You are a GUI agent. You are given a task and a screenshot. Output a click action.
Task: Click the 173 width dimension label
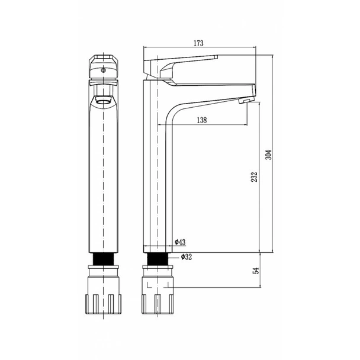click(198, 43)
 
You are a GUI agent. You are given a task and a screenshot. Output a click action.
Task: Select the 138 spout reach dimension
click(202, 120)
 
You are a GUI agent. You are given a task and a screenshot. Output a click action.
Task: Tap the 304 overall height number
click(268, 155)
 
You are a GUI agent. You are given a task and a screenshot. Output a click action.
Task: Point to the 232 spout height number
click(254, 177)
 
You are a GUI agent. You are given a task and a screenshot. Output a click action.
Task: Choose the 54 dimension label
click(256, 271)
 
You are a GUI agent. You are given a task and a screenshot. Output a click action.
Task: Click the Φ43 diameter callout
click(180, 242)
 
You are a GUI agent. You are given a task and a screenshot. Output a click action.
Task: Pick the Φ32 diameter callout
click(186, 257)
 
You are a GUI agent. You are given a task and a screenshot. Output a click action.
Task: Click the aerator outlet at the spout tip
click(246, 100)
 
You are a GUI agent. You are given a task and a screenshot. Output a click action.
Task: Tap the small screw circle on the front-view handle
click(104, 70)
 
